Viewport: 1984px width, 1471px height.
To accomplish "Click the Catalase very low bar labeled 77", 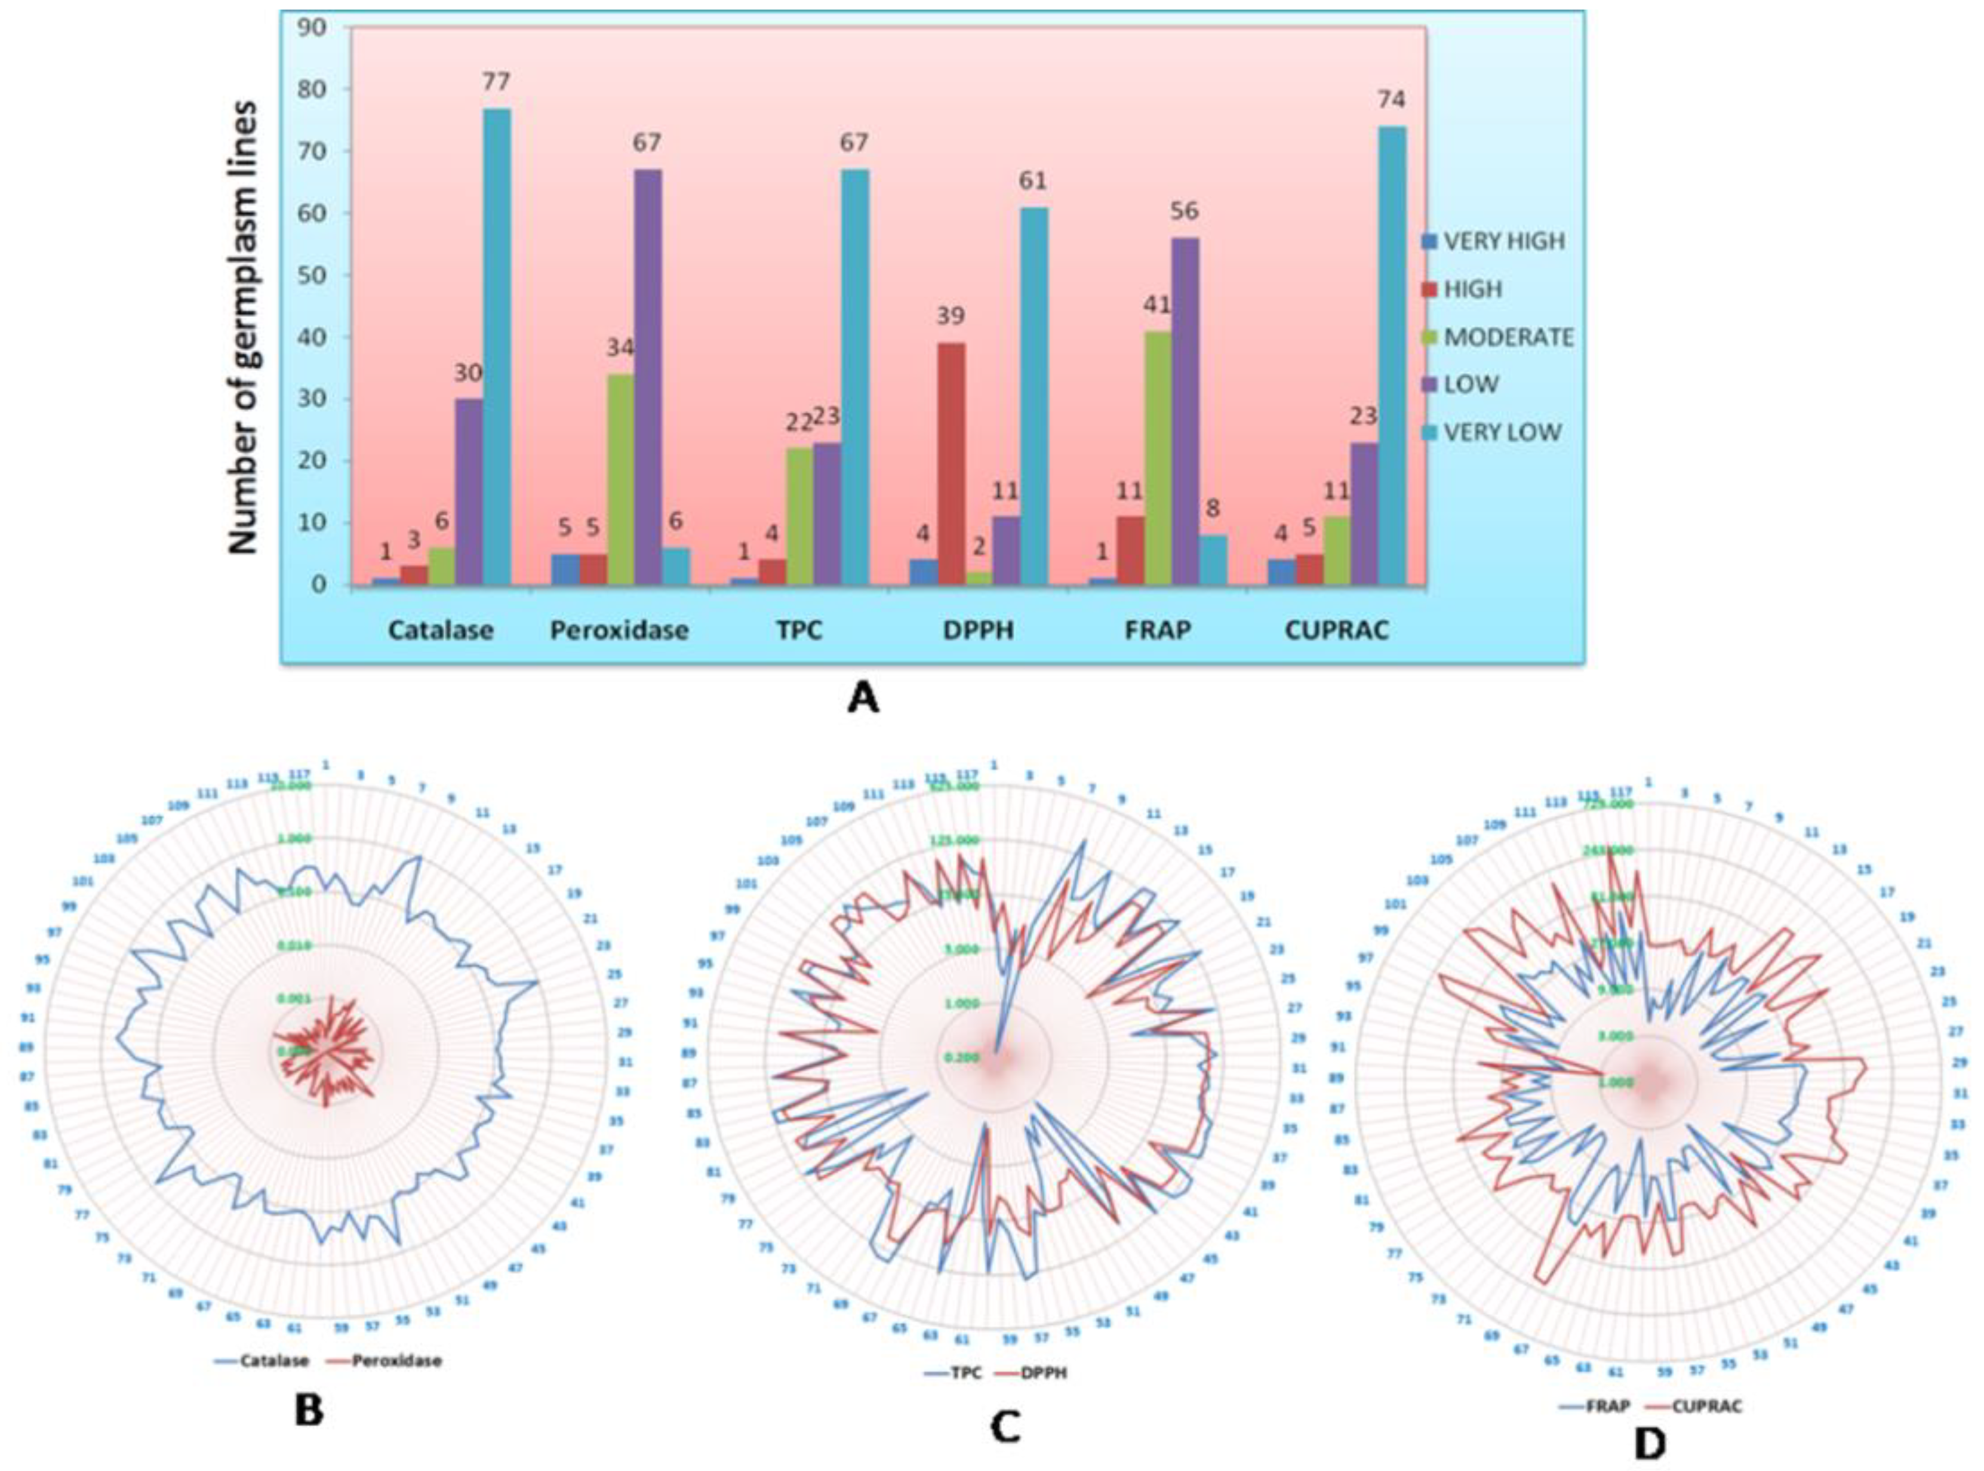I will tap(497, 347).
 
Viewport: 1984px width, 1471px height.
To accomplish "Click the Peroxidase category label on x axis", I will tap(619, 630).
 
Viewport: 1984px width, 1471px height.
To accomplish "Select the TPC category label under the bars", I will tap(799, 630).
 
